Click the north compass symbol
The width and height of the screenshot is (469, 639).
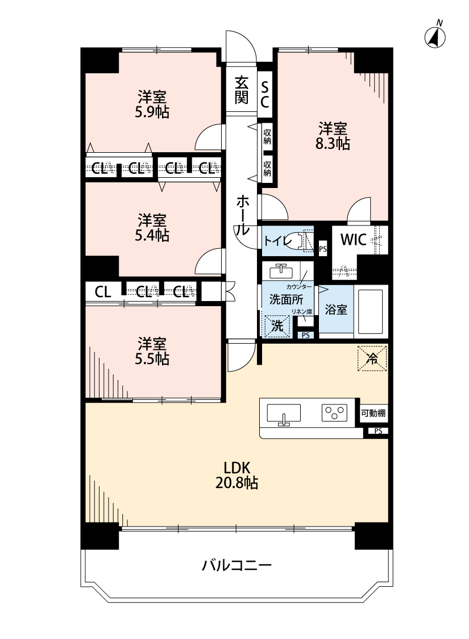click(435, 37)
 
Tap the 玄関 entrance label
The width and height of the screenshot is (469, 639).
click(242, 90)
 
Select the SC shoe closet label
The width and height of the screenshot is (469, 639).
click(265, 94)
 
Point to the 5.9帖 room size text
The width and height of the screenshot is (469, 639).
click(152, 112)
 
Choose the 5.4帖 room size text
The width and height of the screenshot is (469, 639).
click(152, 235)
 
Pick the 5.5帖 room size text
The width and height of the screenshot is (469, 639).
click(152, 359)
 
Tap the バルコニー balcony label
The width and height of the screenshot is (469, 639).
click(237, 566)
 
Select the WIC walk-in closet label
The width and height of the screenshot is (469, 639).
click(353, 239)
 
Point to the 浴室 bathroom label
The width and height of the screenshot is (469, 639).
click(335, 310)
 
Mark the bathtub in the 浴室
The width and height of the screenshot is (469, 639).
click(371, 312)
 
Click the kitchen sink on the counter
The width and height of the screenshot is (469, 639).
click(284, 414)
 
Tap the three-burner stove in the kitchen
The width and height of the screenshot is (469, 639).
click(334, 413)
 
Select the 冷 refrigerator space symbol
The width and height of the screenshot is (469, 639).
click(372, 359)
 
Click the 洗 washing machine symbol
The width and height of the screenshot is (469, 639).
click(277, 326)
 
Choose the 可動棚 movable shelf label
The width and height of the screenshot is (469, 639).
click(373, 414)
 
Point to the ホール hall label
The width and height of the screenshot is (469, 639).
click(242, 215)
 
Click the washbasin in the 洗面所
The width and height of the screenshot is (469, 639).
click(280, 269)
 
